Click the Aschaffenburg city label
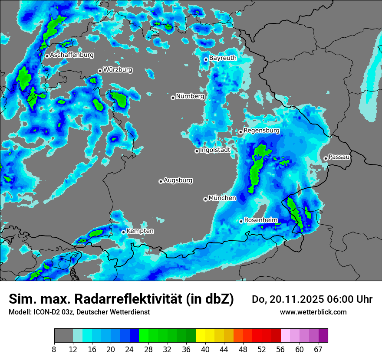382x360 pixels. pyautogui.click(x=72, y=55)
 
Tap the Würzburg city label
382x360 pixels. pyautogui.click(x=118, y=70)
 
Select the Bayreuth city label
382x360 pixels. pyautogui.click(x=223, y=58)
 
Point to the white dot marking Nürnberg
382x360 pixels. pyautogui.click(x=173, y=98)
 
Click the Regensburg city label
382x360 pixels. pyautogui.click(x=261, y=131)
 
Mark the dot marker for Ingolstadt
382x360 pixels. pyautogui.click(x=197, y=151)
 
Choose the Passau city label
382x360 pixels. pyautogui.click(x=339, y=157)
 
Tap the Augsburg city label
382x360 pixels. pyautogui.click(x=178, y=180)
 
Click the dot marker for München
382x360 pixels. pyautogui.click(x=205, y=199)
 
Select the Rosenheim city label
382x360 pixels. pyautogui.click(x=260, y=220)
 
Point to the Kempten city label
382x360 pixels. pyautogui.click(x=140, y=231)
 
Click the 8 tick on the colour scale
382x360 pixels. pyautogui.click(x=54, y=350)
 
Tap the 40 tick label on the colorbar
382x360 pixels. pyautogui.click(x=205, y=350)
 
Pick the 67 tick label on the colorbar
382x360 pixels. pyautogui.click(x=318, y=350)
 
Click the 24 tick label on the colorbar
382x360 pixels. pyautogui.click(x=130, y=350)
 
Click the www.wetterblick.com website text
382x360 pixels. pyautogui.click(x=313, y=312)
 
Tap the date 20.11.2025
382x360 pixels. pyautogui.click(x=289, y=299)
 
